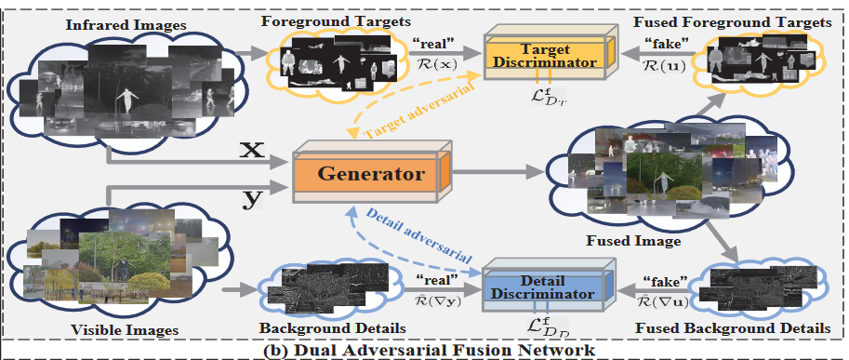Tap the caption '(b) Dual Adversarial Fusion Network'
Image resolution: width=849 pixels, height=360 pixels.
point(425,350)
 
